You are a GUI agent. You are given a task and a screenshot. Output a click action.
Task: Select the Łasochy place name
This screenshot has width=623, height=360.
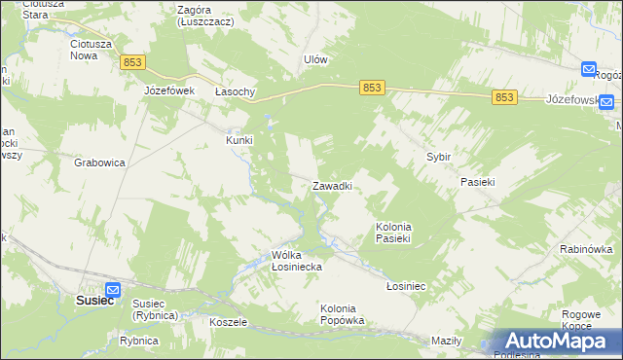235,91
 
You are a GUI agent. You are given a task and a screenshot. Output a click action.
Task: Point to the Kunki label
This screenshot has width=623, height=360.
239,140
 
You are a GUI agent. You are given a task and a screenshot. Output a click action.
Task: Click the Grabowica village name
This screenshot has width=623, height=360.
99,163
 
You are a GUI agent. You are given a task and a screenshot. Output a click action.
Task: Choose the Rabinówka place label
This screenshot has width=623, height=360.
585,249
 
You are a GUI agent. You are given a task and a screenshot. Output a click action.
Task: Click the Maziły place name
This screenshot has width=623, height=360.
446,341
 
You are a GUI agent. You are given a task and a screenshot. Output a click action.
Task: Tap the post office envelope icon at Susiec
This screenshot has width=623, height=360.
112,289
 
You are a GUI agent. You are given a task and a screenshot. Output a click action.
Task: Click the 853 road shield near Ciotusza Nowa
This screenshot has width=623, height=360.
133,62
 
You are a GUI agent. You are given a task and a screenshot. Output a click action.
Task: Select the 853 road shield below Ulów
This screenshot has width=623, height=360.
372,88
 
